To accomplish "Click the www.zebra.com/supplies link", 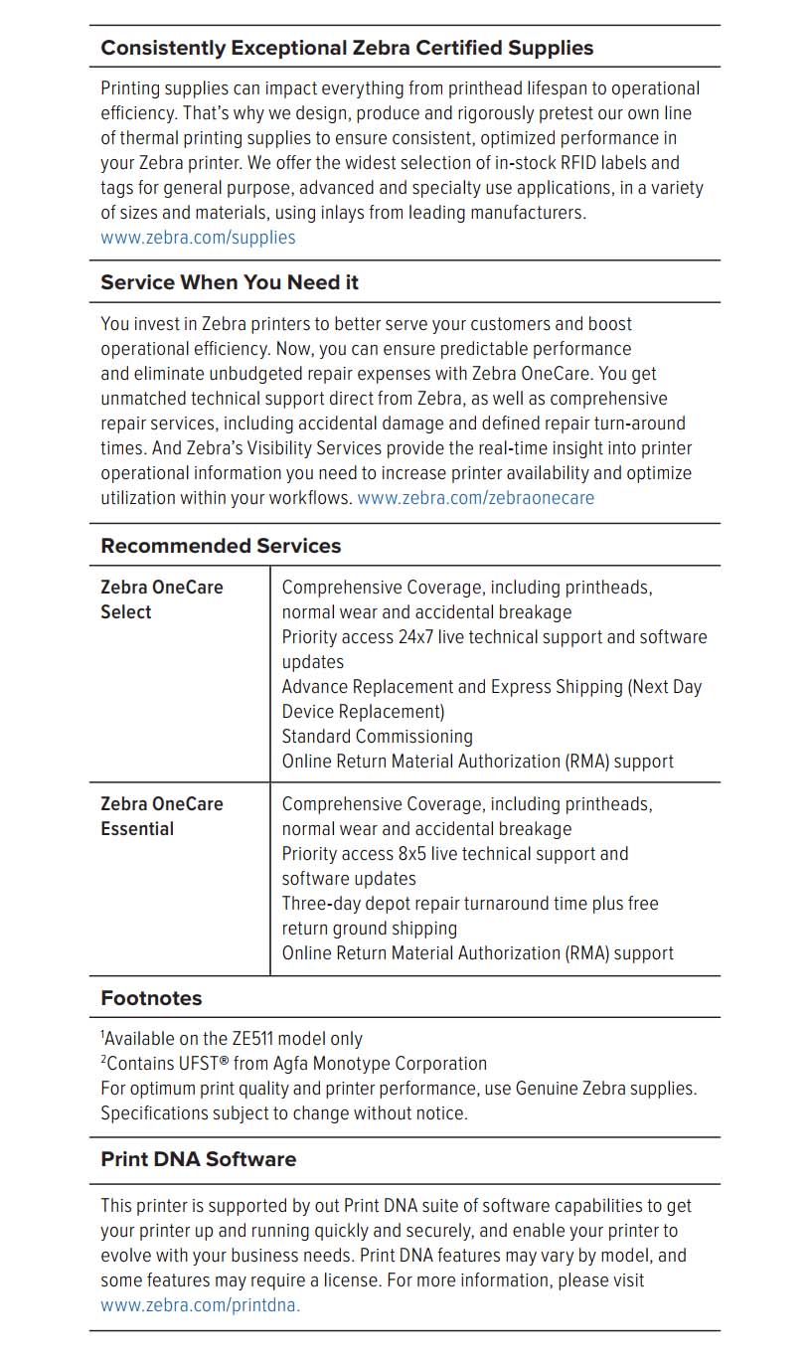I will coord(198,238).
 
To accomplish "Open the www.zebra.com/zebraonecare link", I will coord(475,498).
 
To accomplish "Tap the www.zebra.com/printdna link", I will coord(200,1305).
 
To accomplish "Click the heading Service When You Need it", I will coord(230,282).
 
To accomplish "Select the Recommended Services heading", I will coord(221,546).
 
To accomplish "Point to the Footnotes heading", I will coord(151,998).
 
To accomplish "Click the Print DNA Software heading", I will coord(199,1159).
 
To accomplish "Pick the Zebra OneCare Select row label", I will coord(162,599).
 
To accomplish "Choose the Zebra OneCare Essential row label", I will coord(162,816).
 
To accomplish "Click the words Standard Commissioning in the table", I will coord(377,737).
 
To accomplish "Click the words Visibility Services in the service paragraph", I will coord(275,448).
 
